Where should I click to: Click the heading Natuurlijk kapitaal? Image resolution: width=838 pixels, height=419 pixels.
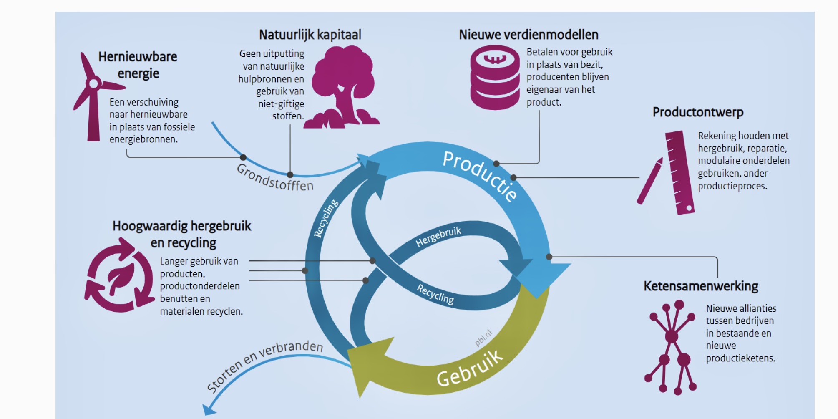click(x=310, y=35)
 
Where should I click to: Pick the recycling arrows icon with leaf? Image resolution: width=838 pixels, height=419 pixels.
click(x=119, y=275)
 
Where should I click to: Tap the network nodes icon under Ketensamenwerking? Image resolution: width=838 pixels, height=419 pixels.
click(x=671, y=346)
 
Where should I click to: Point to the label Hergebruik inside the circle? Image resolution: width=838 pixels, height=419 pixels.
click(x=438, y=237)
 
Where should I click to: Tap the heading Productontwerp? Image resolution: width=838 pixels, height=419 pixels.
click(x=698, y=112)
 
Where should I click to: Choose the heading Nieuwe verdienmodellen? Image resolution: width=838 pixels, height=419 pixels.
click(x=528, y=35)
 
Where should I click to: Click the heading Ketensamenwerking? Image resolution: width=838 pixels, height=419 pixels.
click(x=701, y=286)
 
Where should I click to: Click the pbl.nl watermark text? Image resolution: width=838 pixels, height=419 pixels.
click(x=483, y=338)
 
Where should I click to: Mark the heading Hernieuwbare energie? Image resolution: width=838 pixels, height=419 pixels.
click(x=138, y=65)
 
